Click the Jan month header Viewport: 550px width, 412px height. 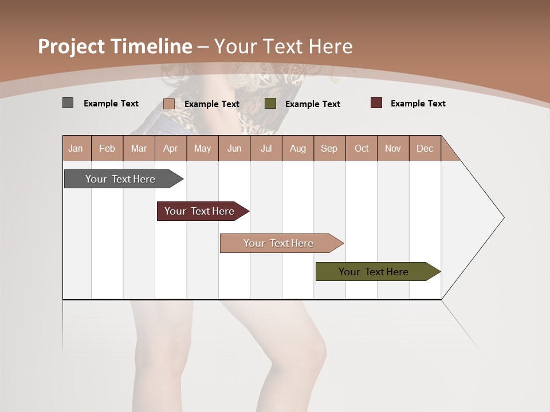coord(76,148)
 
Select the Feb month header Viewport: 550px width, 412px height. coord(107,148)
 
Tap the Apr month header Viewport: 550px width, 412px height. coord(171,148)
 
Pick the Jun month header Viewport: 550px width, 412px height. coord(234,148)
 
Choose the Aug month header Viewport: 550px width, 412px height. coord(298,148)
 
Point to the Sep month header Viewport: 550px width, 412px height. coord(329,148)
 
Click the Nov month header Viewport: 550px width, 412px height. coord(393,148)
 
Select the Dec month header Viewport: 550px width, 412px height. coord(425,148)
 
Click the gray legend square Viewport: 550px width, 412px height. coord(68,103)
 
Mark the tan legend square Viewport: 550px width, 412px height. coord(169,104)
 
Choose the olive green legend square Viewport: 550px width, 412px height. coord(270,104)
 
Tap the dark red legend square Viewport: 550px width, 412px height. coord(376,103)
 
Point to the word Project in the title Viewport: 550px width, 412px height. coord(70,46)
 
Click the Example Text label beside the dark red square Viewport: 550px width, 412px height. coord(418,104)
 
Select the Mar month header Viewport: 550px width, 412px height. coord(139,148)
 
